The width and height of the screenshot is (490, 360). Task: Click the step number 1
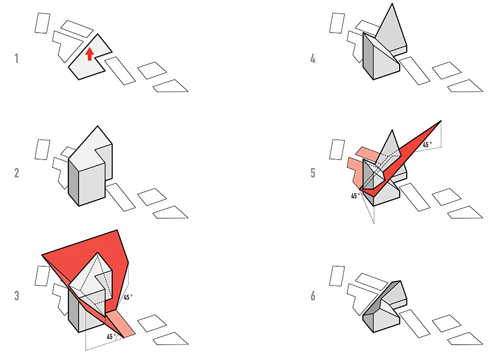point(16,59)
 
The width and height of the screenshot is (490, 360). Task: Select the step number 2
point(16,173)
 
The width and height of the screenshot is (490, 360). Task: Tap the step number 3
point(16,295)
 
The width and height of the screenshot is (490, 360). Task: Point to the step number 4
point(313,59)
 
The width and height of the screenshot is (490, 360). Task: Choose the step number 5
point(313,173)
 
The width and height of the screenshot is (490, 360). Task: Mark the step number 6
point(313,295)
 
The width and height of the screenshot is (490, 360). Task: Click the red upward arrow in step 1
point(90,54)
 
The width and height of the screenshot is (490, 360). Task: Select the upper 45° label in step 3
point(128,297)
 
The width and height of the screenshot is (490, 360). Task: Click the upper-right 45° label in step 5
point(427,145)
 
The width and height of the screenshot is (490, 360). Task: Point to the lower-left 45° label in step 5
point(355,196)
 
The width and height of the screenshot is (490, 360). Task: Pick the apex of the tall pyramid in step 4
point(392,4)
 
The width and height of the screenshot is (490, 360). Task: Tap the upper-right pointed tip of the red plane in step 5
point(441,121)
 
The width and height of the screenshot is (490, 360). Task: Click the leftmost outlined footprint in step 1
point(42,23)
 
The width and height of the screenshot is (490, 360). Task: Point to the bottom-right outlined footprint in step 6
point(465,339)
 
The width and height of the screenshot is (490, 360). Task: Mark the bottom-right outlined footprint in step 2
point(170,212)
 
